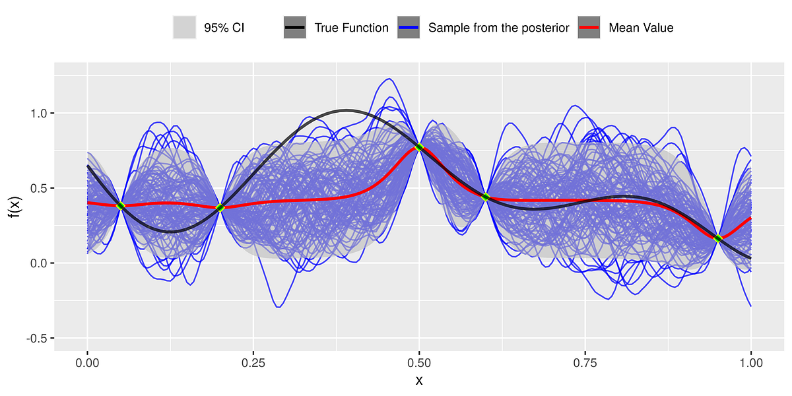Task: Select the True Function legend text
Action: tap(351, 28)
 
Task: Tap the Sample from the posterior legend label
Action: tap(498, 28)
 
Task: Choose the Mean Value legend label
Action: tap(640, 28)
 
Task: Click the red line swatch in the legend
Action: tap(589, 28)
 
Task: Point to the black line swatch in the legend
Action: tap(295, 28)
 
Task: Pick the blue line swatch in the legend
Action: tap(409, 28)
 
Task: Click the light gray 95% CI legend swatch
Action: tap(184, 28)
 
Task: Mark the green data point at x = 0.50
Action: tap(419, 147)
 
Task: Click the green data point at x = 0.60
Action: tap(485, 197)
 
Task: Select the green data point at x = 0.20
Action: tap(220, 208)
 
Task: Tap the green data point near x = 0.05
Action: tap(120, 206)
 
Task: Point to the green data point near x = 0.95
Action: tap(717, 238)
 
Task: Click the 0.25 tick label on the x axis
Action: tap(253, 362)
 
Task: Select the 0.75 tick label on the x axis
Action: tap(585, 362)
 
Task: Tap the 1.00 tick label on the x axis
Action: tap(750, 362)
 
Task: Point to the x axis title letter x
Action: tap(419, 381)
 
